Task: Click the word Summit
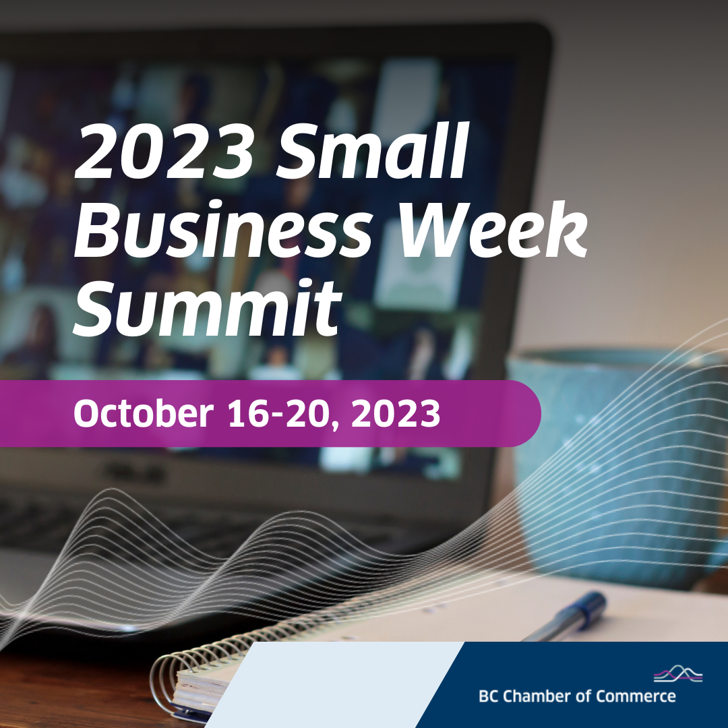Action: (205, 307)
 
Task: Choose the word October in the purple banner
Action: (142, 413)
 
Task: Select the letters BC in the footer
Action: (488, 696)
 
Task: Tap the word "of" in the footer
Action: (584, 696)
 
